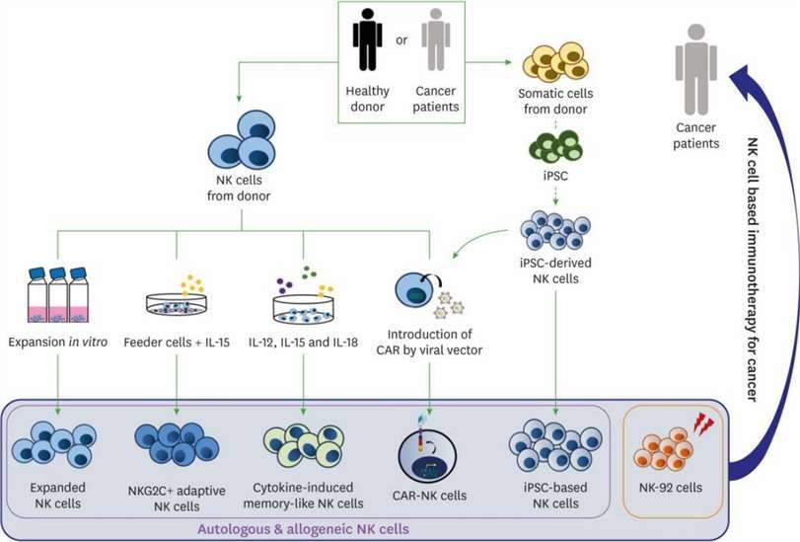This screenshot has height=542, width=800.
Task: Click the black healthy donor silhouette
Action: (367, 44)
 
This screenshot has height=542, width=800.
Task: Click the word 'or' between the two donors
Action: (400, 40)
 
